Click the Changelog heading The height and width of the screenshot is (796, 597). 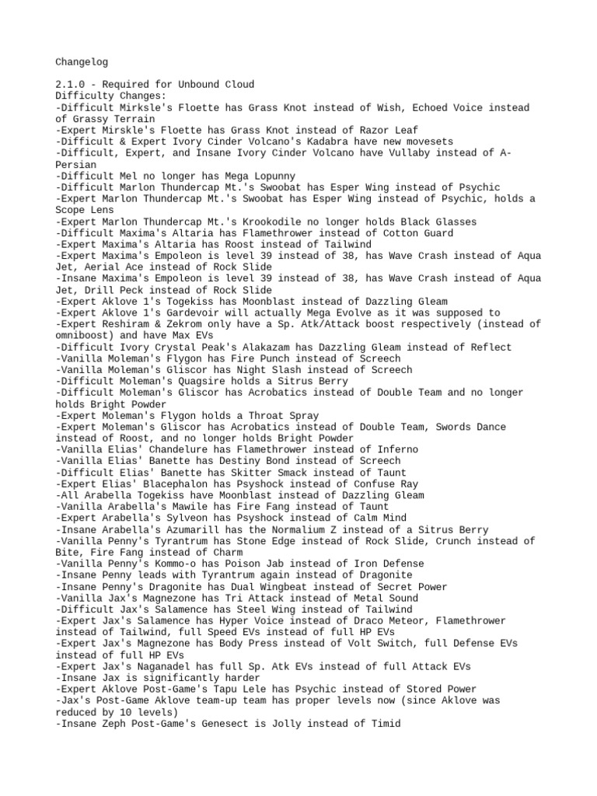tap(83, 61)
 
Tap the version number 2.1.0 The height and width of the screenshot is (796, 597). tap(72, 84)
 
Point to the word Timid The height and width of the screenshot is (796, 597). tap(385, 723)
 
